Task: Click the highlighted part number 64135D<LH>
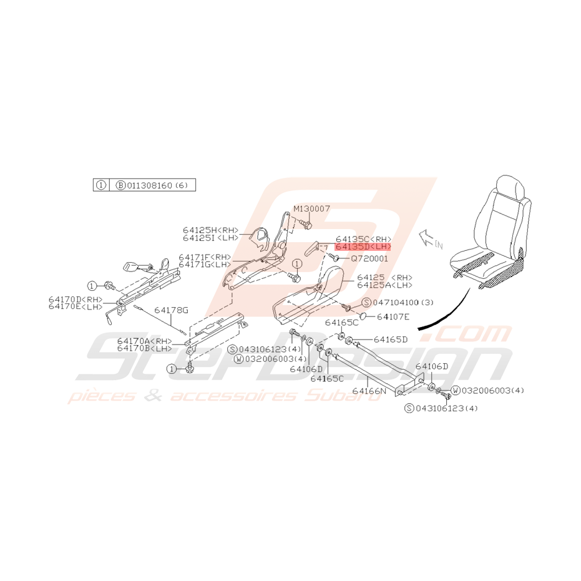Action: point(363,247)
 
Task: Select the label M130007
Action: point(311,208)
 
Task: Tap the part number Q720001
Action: point(369,258)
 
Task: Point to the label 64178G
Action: point(171,310)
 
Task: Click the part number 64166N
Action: point(369,391)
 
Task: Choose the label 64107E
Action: point(393,316)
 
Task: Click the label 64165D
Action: point(391,339)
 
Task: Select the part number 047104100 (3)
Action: point(403,302)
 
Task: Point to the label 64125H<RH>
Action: point(210,230)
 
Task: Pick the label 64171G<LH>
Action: point(205,264)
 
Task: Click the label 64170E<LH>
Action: point(76,306)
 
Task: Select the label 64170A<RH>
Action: point(145,341)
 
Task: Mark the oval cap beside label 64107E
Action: point(363,315)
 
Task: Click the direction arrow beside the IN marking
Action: point(426,238)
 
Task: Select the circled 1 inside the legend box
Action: point(101,185)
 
